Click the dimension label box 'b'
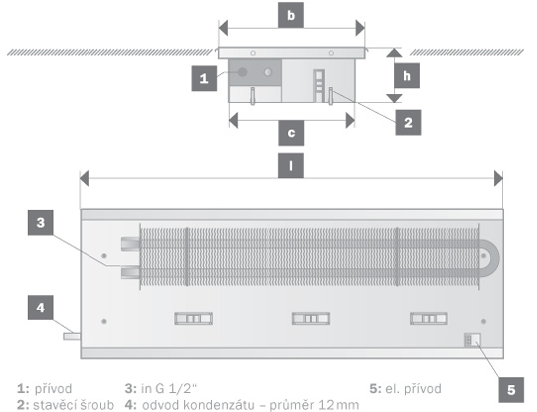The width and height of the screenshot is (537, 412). pyautogui.click(x=291, y=15)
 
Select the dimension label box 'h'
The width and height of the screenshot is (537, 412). pyautogui.click(x=407, y=75)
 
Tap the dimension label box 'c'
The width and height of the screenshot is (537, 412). pyautogui.click(x=291, y=133)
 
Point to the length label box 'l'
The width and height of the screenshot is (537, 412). pyautogui.click(x=291, y=166)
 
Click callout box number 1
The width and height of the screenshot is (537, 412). pyautogui.click(x=204, y=78)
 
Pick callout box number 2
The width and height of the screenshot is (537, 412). pyautogui.click(x=408, y=123)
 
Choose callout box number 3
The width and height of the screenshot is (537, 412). pyautogui.click(x=41, y=223)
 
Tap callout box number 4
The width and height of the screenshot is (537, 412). pyautogui.click(x=41, y=308)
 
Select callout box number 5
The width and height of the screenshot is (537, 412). pyautogui.click(x=511, y=390)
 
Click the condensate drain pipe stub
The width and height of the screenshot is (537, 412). pyautogui.click(x=72, y=336)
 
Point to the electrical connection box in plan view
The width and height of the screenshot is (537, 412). pyautogui.click(x=472, y=340)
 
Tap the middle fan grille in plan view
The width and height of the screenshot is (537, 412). pyautogui.click(x=311, y=319)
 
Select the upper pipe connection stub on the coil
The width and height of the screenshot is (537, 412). pyautogui.click(x=130, y=243)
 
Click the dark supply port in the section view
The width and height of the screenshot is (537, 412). pyautogui.click(x=242, y=72)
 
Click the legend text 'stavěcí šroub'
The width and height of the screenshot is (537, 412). pyautogui.click(x=74, y=405)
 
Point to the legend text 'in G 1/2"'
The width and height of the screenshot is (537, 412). pyautogui.click(x=169, y=389)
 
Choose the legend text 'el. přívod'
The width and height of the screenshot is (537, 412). pyautogui.click(x=413, y=389)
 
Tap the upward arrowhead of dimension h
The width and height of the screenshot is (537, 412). pyautogui.click(x=394, y=53)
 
